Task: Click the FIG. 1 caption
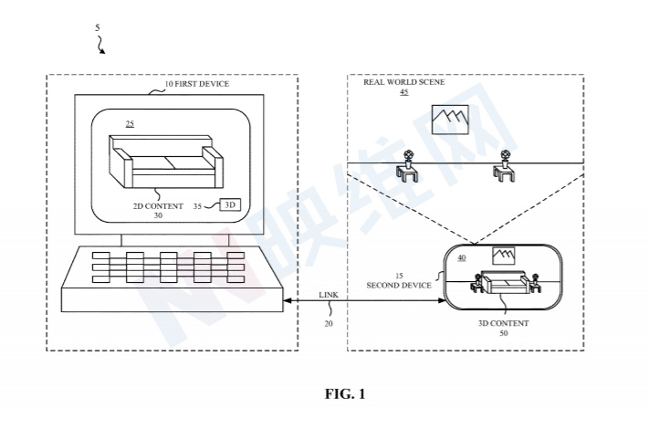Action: pos(345,394)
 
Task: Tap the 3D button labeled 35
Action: pos(230,205)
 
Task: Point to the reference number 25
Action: pos(131,123)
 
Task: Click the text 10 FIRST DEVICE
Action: pos(195,84)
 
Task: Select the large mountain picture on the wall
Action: pos(449,118)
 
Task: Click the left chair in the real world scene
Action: pos(407,164)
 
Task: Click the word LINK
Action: pos(328,295)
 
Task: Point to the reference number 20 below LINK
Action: pos(328,323)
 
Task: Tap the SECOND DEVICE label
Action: pos(399,286)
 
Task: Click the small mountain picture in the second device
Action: pos(503,256)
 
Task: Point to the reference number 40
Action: pos(461,257)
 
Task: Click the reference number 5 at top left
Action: pos(98,27)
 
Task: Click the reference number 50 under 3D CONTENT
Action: pos(504,334)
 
